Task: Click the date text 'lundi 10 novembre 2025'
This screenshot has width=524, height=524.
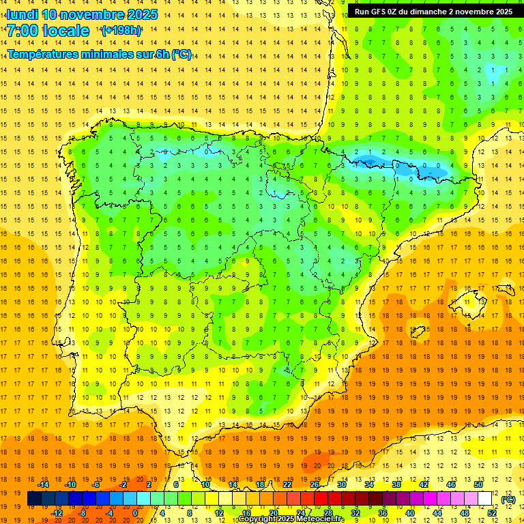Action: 82,14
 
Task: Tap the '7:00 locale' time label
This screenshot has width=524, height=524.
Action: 48,31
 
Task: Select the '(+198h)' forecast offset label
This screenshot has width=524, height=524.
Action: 121,31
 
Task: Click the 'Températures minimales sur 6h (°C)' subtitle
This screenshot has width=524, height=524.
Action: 100,55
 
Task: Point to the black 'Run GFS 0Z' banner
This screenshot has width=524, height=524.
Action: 435,12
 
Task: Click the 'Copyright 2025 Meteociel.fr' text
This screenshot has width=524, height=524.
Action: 291,519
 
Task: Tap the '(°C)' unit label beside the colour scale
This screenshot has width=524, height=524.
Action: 508,499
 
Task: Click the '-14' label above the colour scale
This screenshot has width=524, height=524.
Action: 43,484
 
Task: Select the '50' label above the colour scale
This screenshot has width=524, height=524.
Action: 478,484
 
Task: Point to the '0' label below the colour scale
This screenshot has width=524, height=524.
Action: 136,513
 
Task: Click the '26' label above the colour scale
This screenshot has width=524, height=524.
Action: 315,484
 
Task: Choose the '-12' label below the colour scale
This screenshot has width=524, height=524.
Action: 57,513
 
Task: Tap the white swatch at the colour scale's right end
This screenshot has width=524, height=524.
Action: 484,499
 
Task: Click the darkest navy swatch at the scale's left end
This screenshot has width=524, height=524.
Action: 34,499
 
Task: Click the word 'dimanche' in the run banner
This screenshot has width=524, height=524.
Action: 431,12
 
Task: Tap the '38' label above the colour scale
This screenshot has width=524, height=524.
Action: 396,484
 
